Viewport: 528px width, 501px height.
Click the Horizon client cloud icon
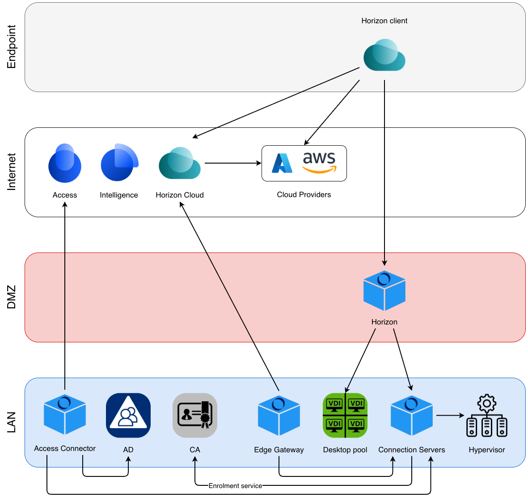(384, 55)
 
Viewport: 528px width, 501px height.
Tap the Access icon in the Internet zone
(65, 164)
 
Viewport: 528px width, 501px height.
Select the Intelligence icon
(119, 163)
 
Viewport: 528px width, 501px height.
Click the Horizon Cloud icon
(180, 164)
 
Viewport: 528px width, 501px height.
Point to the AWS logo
(319, 162)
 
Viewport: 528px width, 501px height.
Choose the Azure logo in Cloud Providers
(282, 163)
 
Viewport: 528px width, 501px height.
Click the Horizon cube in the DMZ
(384, 290)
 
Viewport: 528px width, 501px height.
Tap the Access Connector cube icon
(65, 415)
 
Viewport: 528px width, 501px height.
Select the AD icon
(128, 415)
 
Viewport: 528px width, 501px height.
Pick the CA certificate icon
(195, 415)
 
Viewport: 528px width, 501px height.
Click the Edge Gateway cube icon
(279, 416)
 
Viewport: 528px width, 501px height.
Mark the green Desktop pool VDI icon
(345, 415)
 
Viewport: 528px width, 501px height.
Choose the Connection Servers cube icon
(412, 416)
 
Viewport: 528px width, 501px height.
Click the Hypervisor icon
(486, 416)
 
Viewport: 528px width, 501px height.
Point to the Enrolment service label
(235, 486)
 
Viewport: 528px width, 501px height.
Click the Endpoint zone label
(12, 46)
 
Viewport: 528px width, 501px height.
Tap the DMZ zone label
(12, 297)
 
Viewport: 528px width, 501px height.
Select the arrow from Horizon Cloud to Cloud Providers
(232, 163)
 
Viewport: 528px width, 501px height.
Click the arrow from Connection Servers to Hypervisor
(450, 416)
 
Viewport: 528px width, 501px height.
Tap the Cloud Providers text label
(304, 194)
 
